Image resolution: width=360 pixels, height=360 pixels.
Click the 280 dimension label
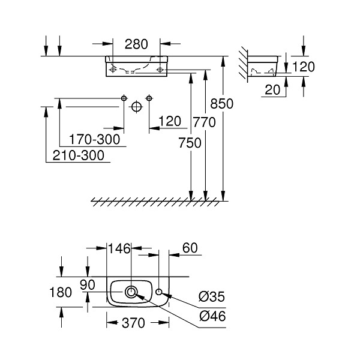pyautogui.click(x=136, y=44)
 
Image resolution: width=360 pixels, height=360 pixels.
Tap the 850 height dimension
pyautogui.click(x=222, y=104)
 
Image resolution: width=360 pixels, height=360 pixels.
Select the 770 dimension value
pyautogui.click(x=205, y=122)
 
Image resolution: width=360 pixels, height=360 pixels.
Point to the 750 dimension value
pyautogui.click(x=190, y=143)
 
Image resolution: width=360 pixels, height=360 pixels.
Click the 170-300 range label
pyautogui.click(x=95, y=139)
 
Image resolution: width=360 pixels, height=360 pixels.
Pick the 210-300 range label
pyautogui.click(x=79, y=155)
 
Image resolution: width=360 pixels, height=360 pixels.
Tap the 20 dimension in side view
pyautogui.click(x=272, y=90)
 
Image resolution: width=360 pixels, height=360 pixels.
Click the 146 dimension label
pyautogui.click(x=119, y=248)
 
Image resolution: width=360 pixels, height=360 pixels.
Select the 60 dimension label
pyautogui.click(x=190, y=248)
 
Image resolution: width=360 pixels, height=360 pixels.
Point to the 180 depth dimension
pyautogui.click(x=61, y=293)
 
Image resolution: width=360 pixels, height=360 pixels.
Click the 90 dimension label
pyautogui.click(x=88, y=285)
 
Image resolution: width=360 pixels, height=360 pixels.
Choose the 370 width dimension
pyautogui.click(x=133, y=323)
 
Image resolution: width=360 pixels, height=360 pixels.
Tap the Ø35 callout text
pyautogui.click(x=212, y=296)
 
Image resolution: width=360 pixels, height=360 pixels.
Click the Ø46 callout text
pyautogui.click(x=212, y=316)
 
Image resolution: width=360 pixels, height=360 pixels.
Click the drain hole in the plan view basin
pyautogui.click(x=131, y=292)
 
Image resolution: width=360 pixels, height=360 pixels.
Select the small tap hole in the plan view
pyautogui.click(x=158, y=292)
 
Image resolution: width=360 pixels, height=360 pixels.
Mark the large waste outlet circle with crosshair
pyautogui.click(x=137, y=107)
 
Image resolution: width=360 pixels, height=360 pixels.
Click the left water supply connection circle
pyautogui.click(x=124, y=98)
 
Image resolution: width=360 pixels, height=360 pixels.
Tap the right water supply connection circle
pyautogui.click(x=149, y=98)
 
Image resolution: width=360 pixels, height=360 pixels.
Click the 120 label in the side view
pyautogui.click(x=304, y=67)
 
